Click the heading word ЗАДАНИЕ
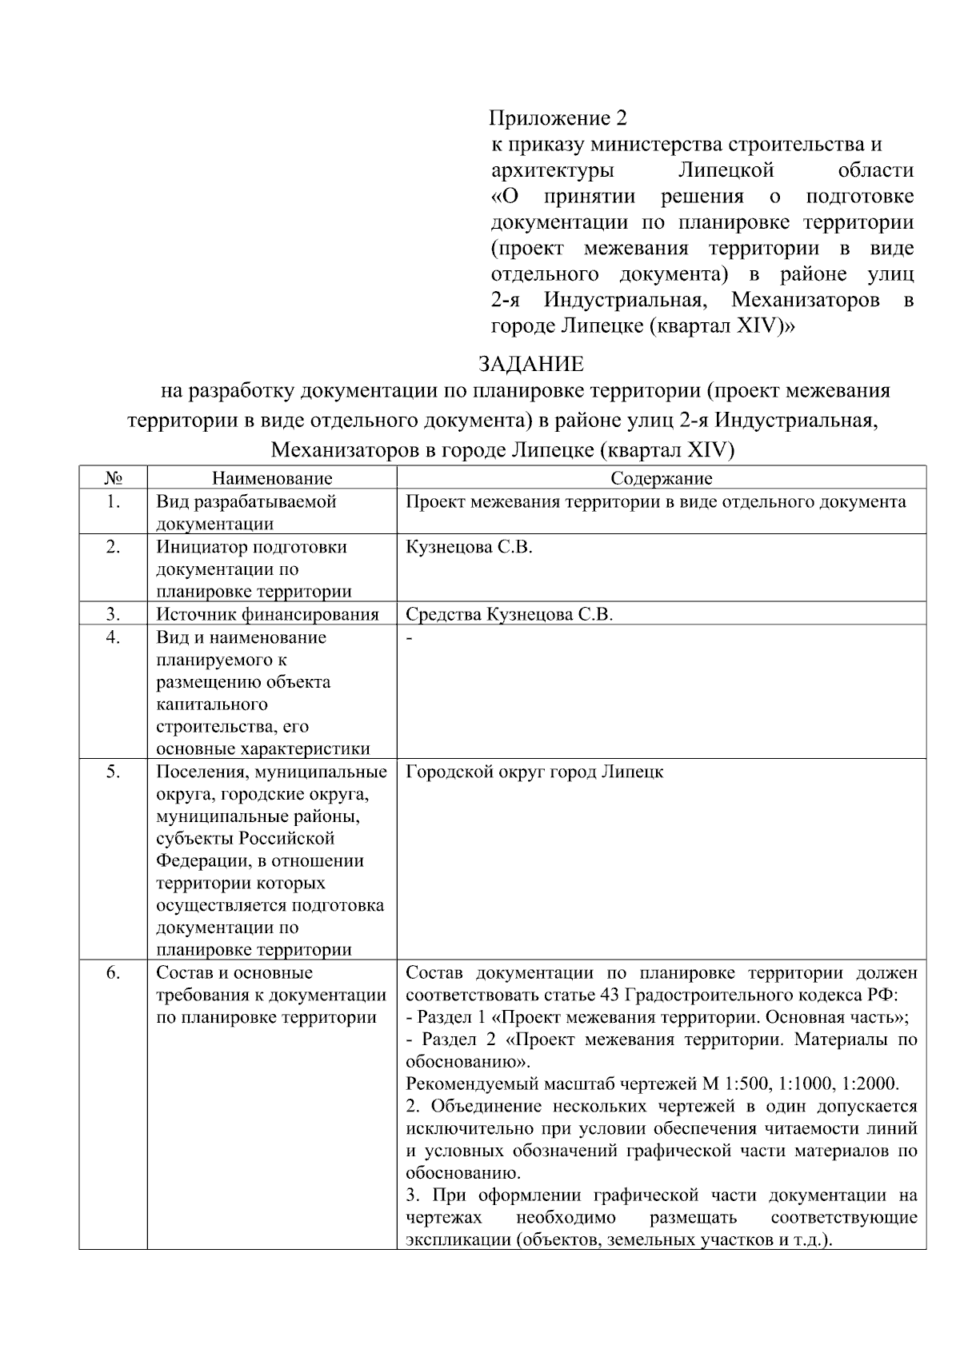530,365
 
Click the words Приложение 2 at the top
558,118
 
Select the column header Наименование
272,478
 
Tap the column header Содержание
661,478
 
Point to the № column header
113,478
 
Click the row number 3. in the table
113,614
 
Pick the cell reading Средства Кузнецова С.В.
509,614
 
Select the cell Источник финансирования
267,614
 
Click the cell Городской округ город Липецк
534,772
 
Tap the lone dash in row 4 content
410,638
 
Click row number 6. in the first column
113,973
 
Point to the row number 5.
113,772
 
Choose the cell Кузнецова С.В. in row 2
469,548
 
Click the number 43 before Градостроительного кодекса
607,996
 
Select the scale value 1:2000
876,1085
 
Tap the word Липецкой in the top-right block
726,170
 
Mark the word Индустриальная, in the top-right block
625,301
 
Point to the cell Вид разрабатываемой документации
246,513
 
